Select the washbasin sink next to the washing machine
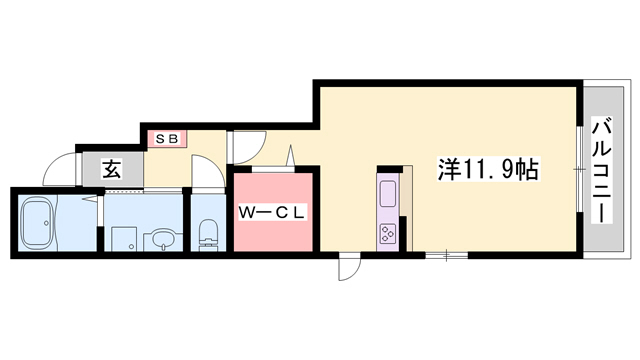pos(160,240)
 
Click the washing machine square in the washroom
pos(124,237)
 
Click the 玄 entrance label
pos(110,169)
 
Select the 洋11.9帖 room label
pos(487,170)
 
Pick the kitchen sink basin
pos(388,191)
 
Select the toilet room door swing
pos(203,177)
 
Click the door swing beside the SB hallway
pos(246,151)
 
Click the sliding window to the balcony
pos(580,170)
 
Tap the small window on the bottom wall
pos(447,256)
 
